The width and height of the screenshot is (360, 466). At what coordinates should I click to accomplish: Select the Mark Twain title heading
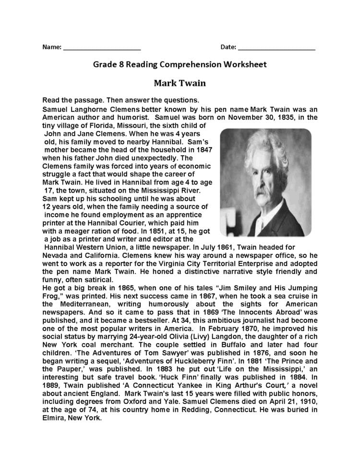180,83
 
